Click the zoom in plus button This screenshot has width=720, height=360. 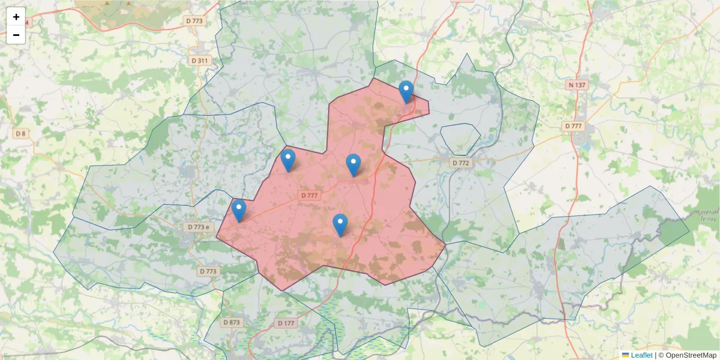(x=16, y=17)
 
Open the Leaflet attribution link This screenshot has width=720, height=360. (x=641, y=355)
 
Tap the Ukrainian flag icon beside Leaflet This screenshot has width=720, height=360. (x=625, y=355)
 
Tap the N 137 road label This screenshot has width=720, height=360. (x=577, y=85)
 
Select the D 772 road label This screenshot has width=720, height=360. (x=461, y=163)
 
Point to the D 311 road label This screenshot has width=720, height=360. (x=200, y=61)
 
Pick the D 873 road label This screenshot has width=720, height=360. (x=232, y=322)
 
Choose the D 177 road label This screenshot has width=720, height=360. (x=287, y=323)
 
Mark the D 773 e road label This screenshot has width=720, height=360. (x=199, y=227)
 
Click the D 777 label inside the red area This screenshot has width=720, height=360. (x=310, y=195)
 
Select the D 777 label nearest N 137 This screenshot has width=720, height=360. (x=574, y=126)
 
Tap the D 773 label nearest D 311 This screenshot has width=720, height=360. (x=194, y=21)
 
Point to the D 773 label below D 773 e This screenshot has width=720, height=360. (x=208, y=271)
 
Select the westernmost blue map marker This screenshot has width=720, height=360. (x=239, y=211)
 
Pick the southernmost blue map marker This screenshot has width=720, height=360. (x=340, y=225)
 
